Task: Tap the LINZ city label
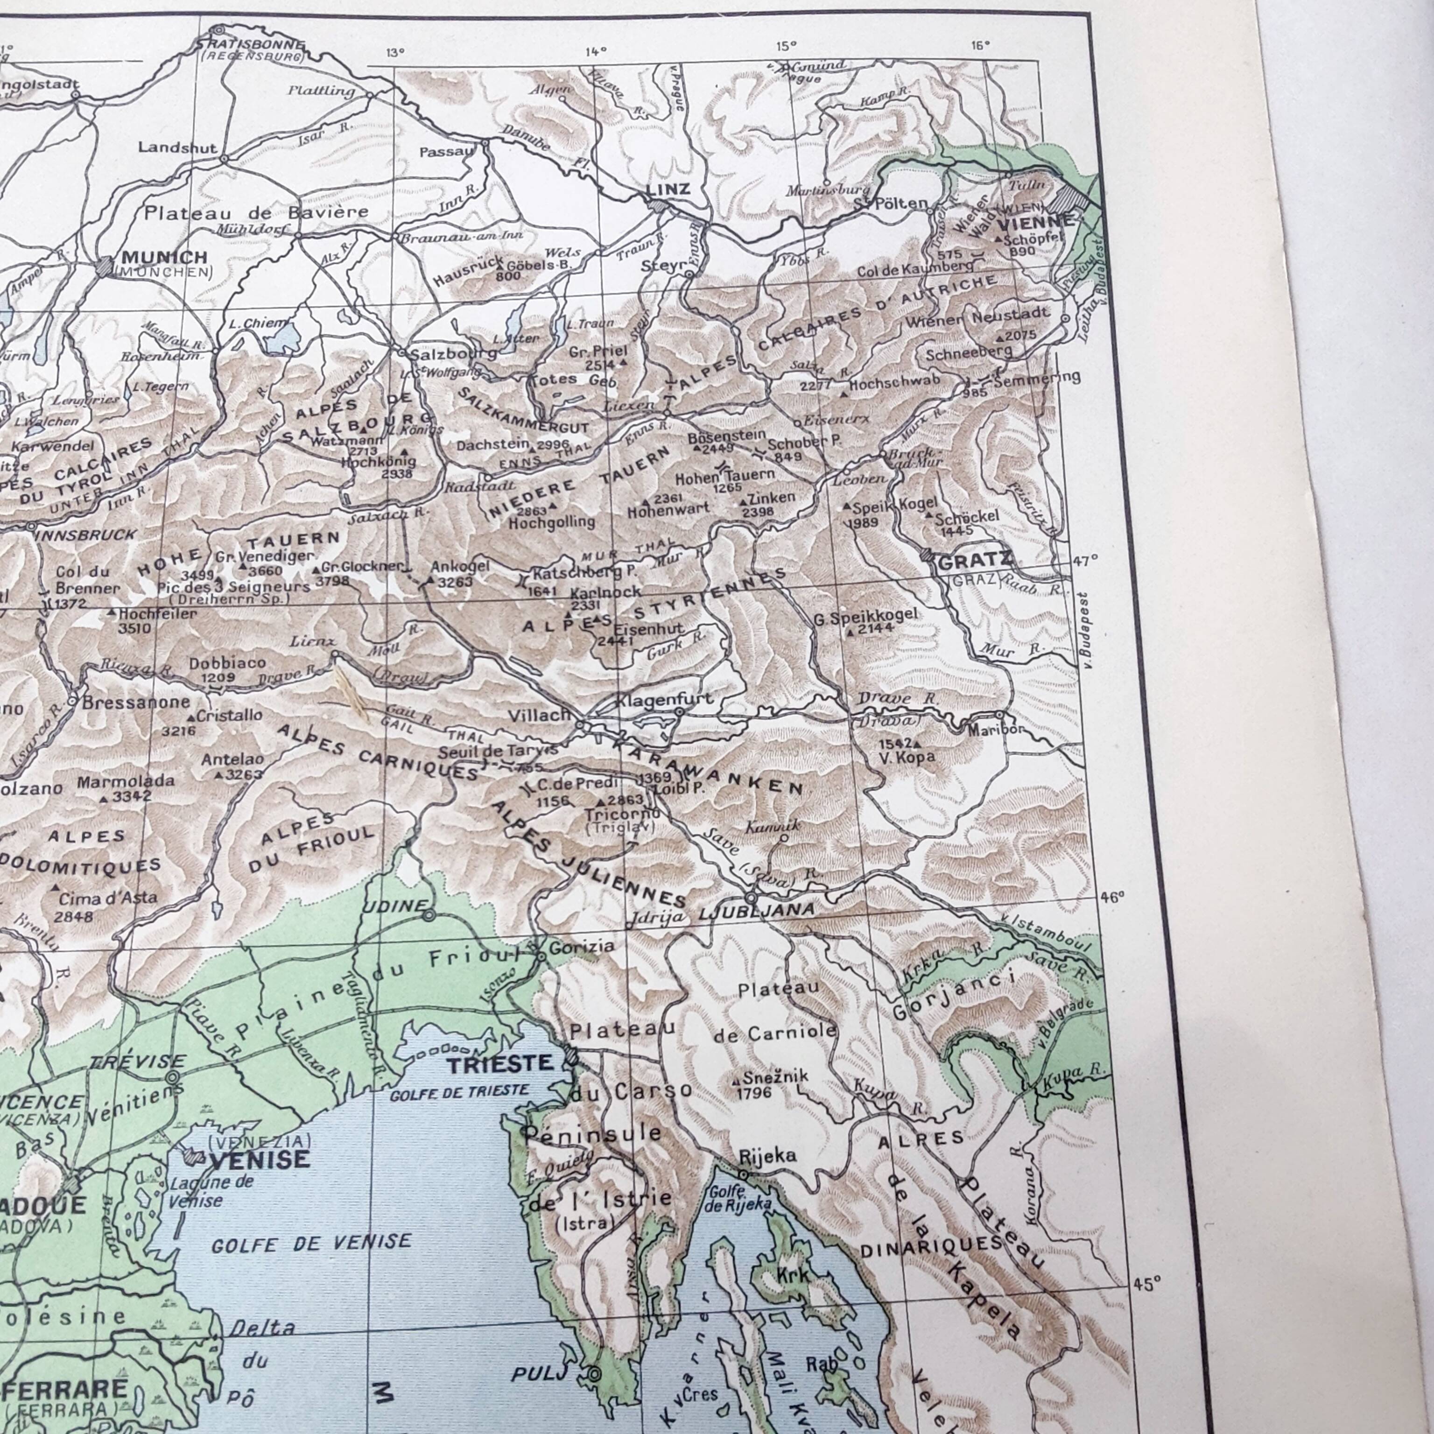coord(668,189)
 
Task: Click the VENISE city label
coord(260,1160)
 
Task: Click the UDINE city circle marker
coord(428,915)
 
